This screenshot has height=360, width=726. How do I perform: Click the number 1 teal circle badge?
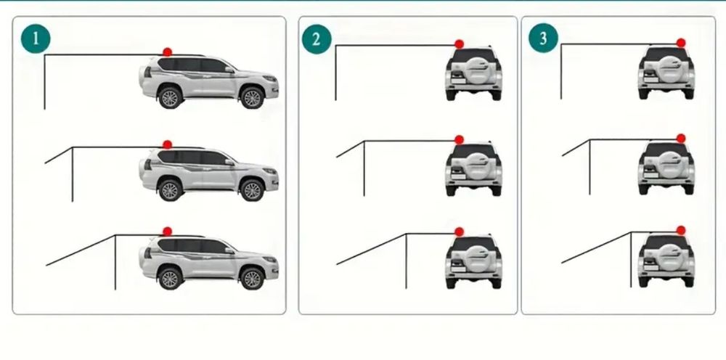click(x=36, y=38)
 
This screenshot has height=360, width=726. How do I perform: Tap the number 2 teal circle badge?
click(x=317, y=39)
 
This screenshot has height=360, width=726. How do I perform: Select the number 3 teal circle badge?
click(x=543, y=38)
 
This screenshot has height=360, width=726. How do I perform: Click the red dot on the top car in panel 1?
click(x=167, y=52)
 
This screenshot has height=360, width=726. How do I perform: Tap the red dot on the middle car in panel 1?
click(x=167, y=144)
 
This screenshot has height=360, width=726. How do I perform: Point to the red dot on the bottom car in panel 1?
click(x=167, y=232)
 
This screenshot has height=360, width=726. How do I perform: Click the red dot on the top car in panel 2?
click(x=459, y=44)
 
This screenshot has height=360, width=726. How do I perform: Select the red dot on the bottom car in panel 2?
click(x=459, y=232)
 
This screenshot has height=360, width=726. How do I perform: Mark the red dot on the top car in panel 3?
click(x=681, y=43)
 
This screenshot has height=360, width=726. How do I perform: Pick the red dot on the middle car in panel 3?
click(x=681, y=139)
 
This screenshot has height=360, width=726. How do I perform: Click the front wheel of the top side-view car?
click(x=252, y=98)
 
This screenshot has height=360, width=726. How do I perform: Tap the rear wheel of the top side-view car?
click(x=170, y=98)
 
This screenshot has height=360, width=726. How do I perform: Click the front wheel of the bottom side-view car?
click(x=252, y=279)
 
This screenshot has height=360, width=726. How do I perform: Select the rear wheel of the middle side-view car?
click(x=170, y=189)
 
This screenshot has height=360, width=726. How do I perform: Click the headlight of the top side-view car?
click(x=270, y=78)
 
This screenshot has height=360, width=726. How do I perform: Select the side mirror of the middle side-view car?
click(x=229, y=162)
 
